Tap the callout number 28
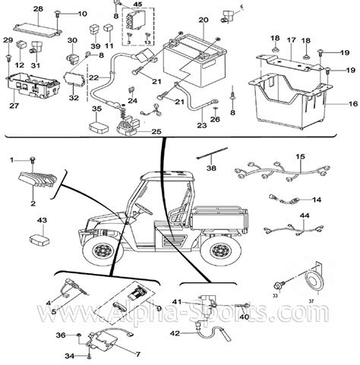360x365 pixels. (38, 8)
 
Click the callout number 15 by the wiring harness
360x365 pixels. (301, 156)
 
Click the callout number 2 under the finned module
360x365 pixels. (33, 204)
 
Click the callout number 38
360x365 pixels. (210, 169)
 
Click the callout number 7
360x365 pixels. (137, 354)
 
